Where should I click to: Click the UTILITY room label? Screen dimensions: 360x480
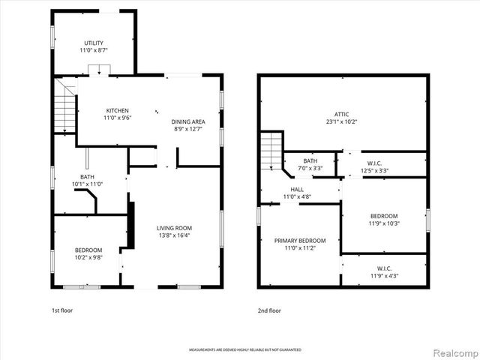click(x=94, y=43)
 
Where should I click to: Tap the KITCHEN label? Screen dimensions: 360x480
click(x=117, y=110)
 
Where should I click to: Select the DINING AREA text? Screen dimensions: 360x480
click(x=188, y=121)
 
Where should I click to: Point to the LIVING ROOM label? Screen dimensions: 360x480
click(x=174, y=228)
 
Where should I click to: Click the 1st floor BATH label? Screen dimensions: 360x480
click(x=85, y=176)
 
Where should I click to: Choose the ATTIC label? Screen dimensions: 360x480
click(x=342, y=114)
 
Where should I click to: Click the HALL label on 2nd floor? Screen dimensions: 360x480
click(x=297, y=190)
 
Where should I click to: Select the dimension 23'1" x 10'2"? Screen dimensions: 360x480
click(x=342, y=121)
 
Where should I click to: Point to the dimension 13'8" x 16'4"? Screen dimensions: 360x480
click(x=174, y=235)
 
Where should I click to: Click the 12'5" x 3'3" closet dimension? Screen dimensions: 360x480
click(x=375, y=170)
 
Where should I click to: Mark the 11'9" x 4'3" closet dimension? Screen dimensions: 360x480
click(x=384, y=276)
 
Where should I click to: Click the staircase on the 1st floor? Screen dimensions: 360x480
click(x=66, y=106)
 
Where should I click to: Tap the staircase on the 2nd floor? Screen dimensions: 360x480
click(x=271, y=151)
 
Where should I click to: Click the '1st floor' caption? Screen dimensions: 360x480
click(x=62, y=310)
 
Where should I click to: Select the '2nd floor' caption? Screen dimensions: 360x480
click(x=269, y=310)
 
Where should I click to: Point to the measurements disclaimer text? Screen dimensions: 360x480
click(x=239, y=350)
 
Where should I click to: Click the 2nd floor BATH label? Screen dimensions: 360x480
click(x=310, y=161)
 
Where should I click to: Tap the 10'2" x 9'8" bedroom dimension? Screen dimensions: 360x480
click(x=88, y=257)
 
